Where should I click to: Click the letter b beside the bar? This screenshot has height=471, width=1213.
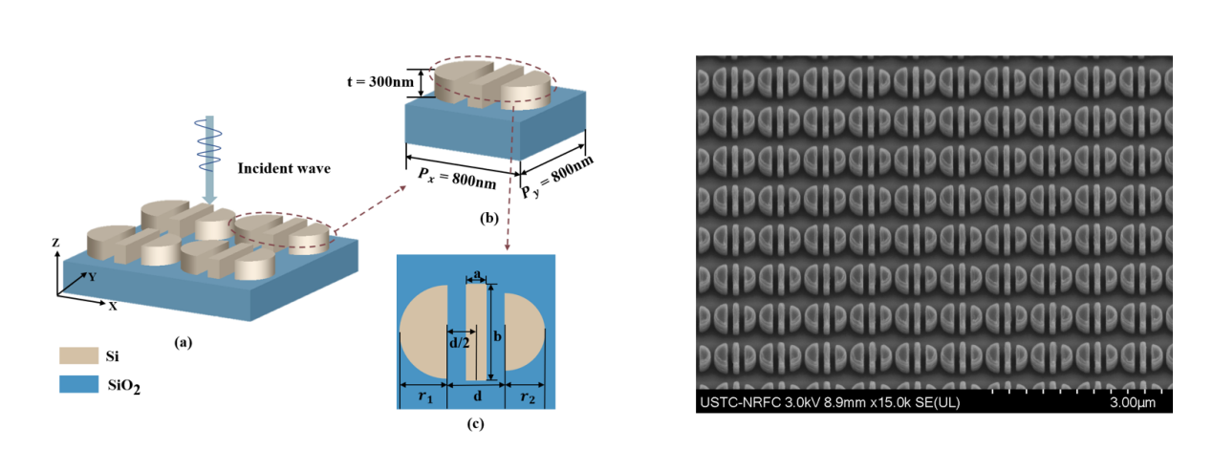tap(498, 336)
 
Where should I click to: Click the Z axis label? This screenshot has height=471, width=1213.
tap(57, 244)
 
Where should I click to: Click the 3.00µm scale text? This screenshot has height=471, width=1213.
tap(1133, 403)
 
